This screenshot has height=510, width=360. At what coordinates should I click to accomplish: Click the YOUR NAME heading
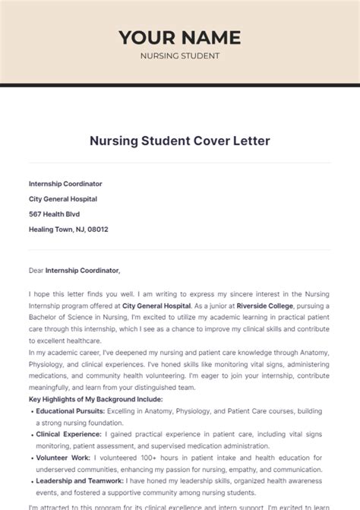(179, 37)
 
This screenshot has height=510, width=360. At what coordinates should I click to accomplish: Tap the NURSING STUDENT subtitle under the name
(179, 55)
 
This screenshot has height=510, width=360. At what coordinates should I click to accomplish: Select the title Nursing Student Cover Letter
(179, 141)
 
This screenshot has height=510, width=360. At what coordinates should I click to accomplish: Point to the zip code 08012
(97, 229)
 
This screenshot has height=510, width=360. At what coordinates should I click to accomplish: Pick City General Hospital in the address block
(63, 199)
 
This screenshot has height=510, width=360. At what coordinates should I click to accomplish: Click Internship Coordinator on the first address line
(65, 184)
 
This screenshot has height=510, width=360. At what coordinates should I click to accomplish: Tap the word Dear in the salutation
(36, 270)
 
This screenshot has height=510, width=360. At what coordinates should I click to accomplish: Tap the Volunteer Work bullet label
(63, 458)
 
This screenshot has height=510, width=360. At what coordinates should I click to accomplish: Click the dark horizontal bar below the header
(179, 84)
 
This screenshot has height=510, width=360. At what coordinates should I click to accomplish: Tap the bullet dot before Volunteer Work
(32, 458)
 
